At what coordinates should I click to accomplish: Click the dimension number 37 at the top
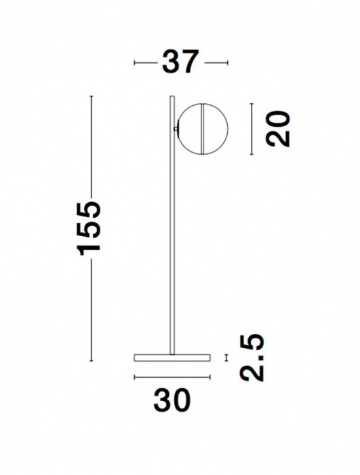[180, 62]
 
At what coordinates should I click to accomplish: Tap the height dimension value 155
[91, 227]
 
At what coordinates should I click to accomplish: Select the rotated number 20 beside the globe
[278, 129]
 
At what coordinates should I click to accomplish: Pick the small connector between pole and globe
[176, 127]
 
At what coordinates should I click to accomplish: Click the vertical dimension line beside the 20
[252, 129]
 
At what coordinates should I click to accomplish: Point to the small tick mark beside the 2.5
[227, 358]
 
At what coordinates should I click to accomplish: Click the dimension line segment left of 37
[145, 62]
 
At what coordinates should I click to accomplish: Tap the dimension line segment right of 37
[217, 62]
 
